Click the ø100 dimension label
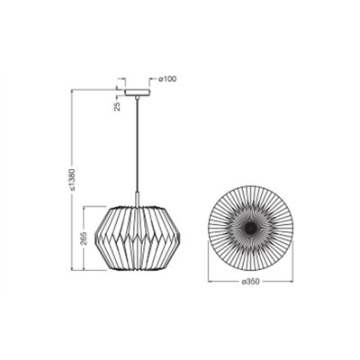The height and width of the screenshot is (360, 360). point(167,79)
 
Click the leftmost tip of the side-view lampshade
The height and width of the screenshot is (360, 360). point(95,239)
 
